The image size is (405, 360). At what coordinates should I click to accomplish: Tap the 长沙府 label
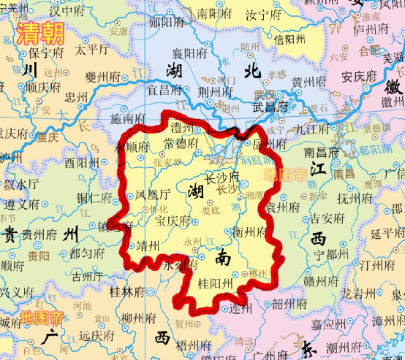point(222,177)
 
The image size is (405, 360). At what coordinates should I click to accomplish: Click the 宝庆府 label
point(173,219)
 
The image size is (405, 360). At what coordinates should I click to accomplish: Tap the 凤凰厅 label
point(153,195)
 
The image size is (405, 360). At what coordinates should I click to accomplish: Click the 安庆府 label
point(359,75)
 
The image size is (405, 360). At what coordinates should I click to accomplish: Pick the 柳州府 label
point(138,318)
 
